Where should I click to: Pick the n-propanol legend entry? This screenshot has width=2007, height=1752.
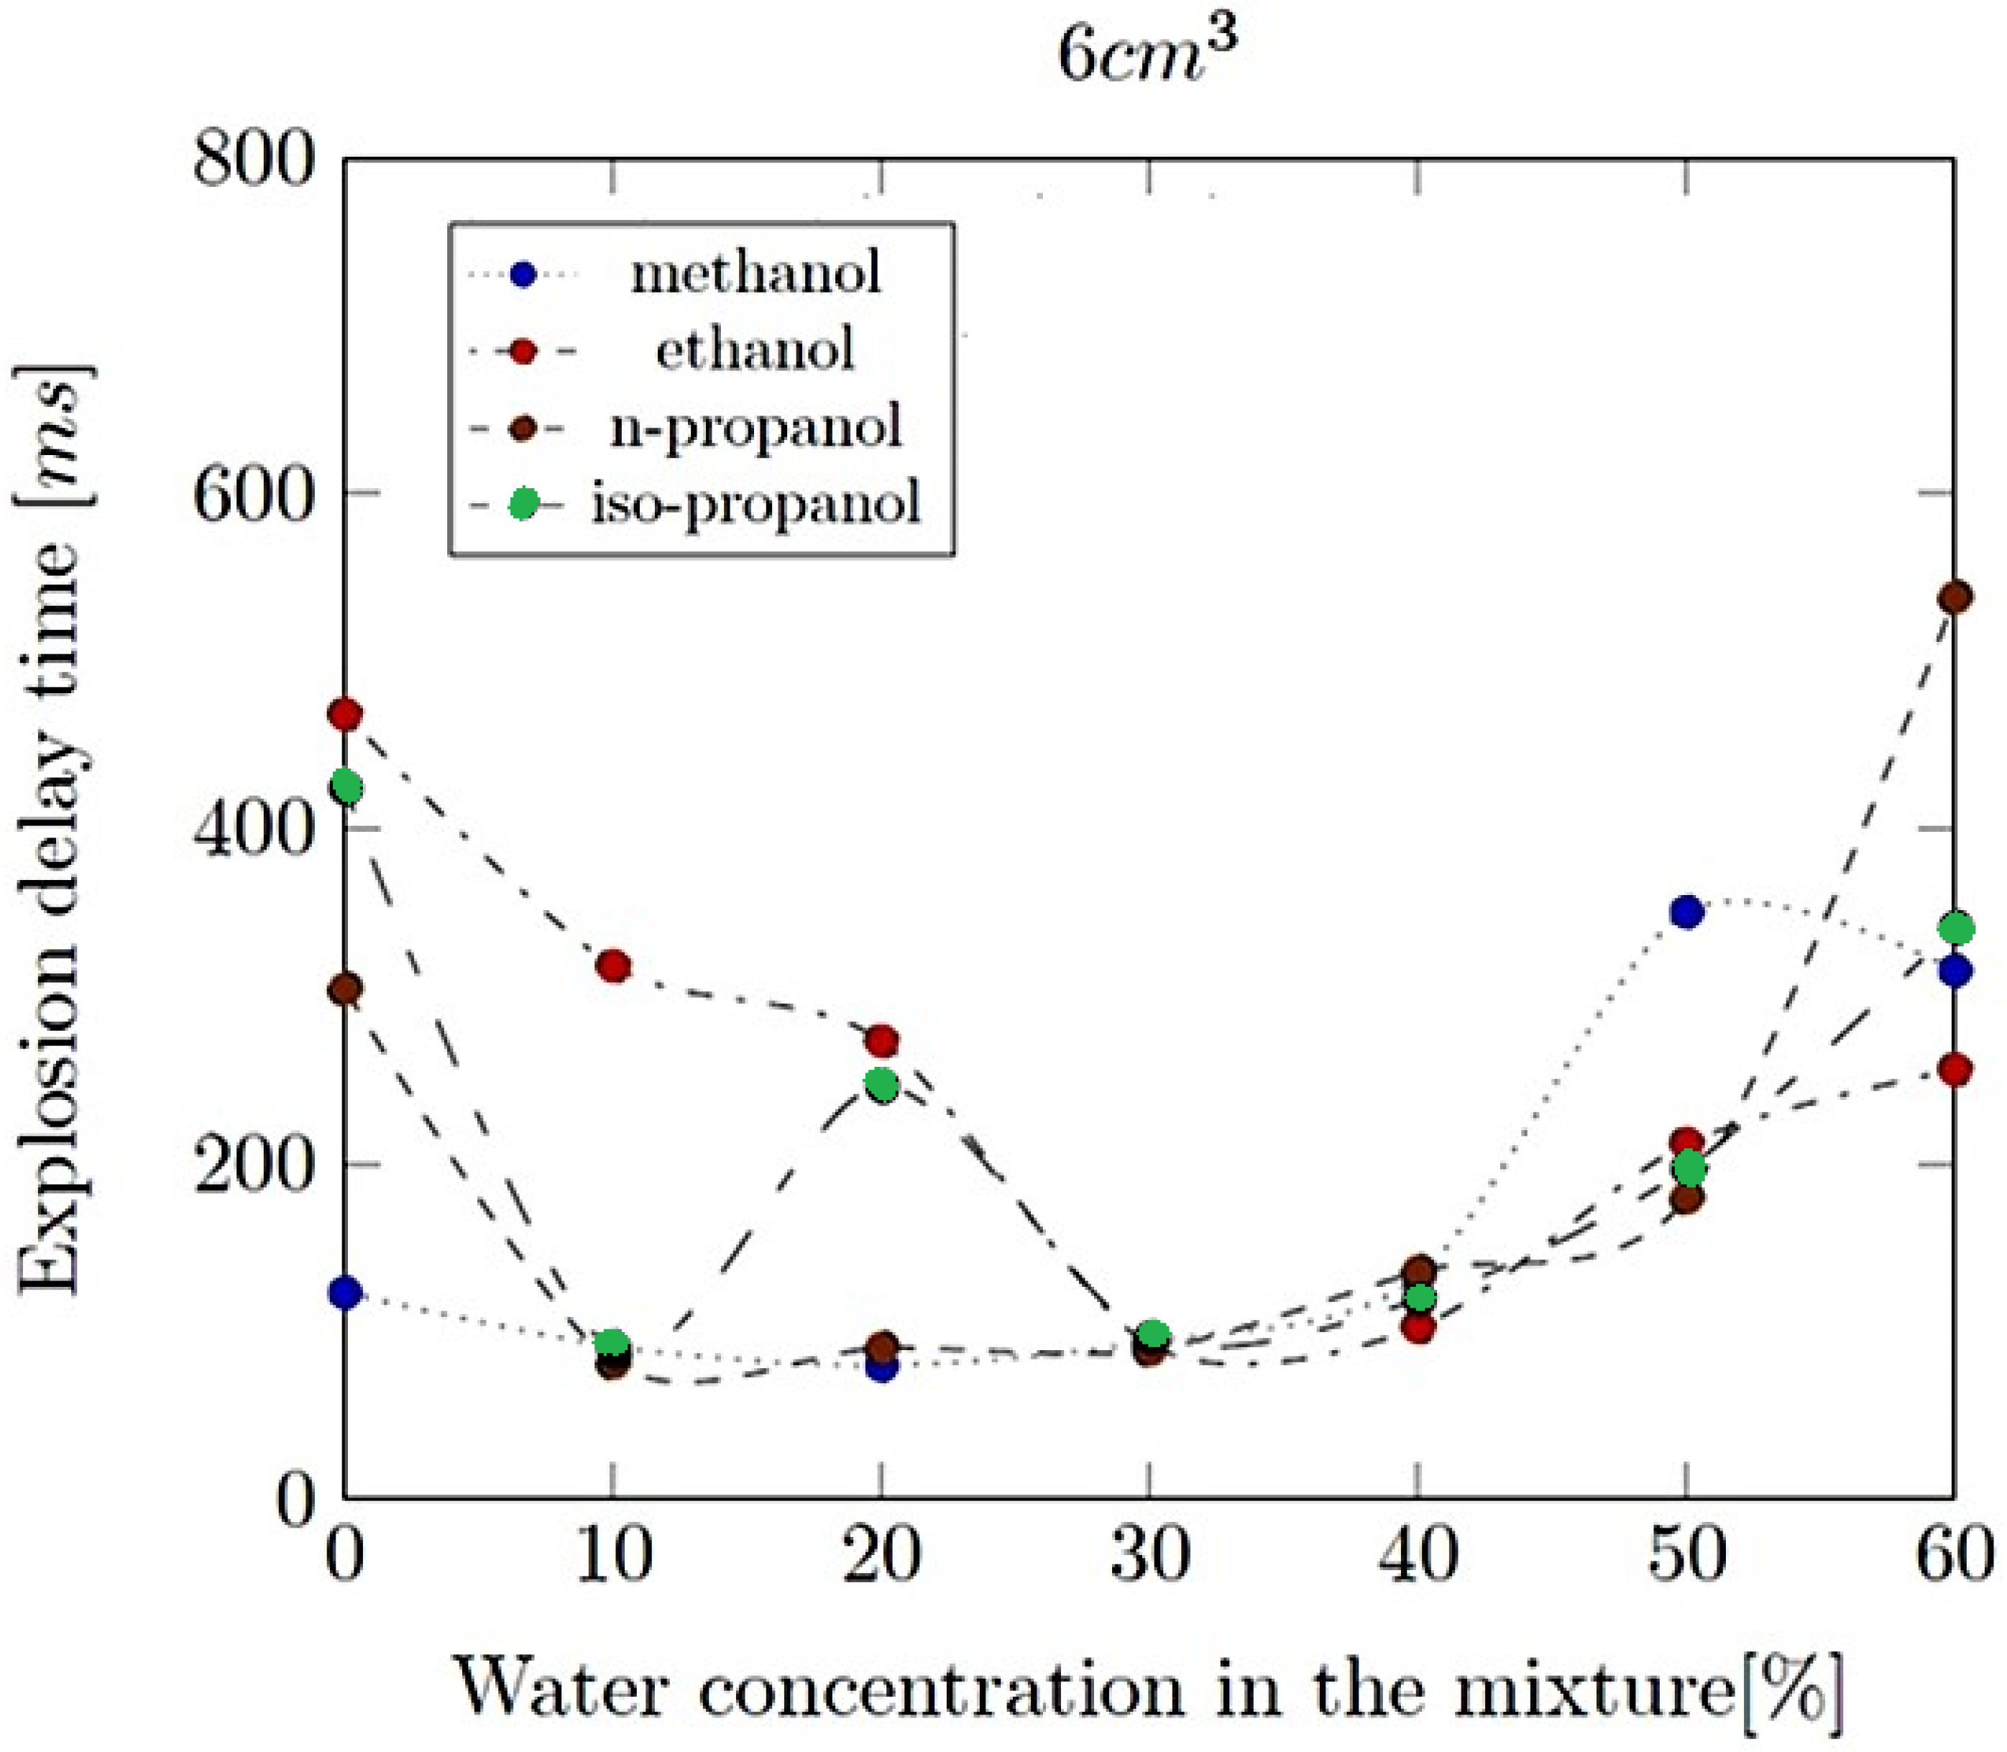tap(756, 427)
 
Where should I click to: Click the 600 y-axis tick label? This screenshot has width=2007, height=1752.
tap(256, 492)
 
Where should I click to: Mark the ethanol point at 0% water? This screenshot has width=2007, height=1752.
tap(345, 715)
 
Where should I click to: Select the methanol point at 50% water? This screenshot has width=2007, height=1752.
tap(1686, 912)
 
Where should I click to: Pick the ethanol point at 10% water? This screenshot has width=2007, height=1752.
tap(613, 967)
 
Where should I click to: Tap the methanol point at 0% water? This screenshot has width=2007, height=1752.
tap(345, 1293)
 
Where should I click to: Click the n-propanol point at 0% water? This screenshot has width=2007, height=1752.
tap(345, 989)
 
